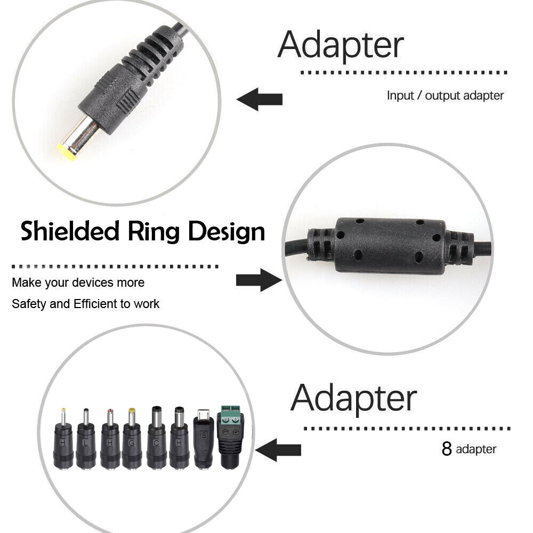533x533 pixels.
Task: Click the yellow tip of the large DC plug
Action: coord(67,152)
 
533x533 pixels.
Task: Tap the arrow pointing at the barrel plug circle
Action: coord(260,99)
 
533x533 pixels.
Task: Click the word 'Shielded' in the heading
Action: coord(70,231)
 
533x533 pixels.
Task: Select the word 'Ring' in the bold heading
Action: coord(154,232)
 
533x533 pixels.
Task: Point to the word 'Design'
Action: coord(227,232)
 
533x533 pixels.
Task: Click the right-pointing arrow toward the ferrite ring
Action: coord(259,280)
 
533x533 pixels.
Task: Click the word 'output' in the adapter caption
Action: coord(442,96)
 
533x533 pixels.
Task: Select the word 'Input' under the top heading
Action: coord(400,96)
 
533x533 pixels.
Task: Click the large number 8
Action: coord(447,448)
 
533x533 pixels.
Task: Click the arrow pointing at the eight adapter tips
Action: coord(278,450)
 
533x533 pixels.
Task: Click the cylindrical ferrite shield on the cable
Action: coord(390,246)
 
